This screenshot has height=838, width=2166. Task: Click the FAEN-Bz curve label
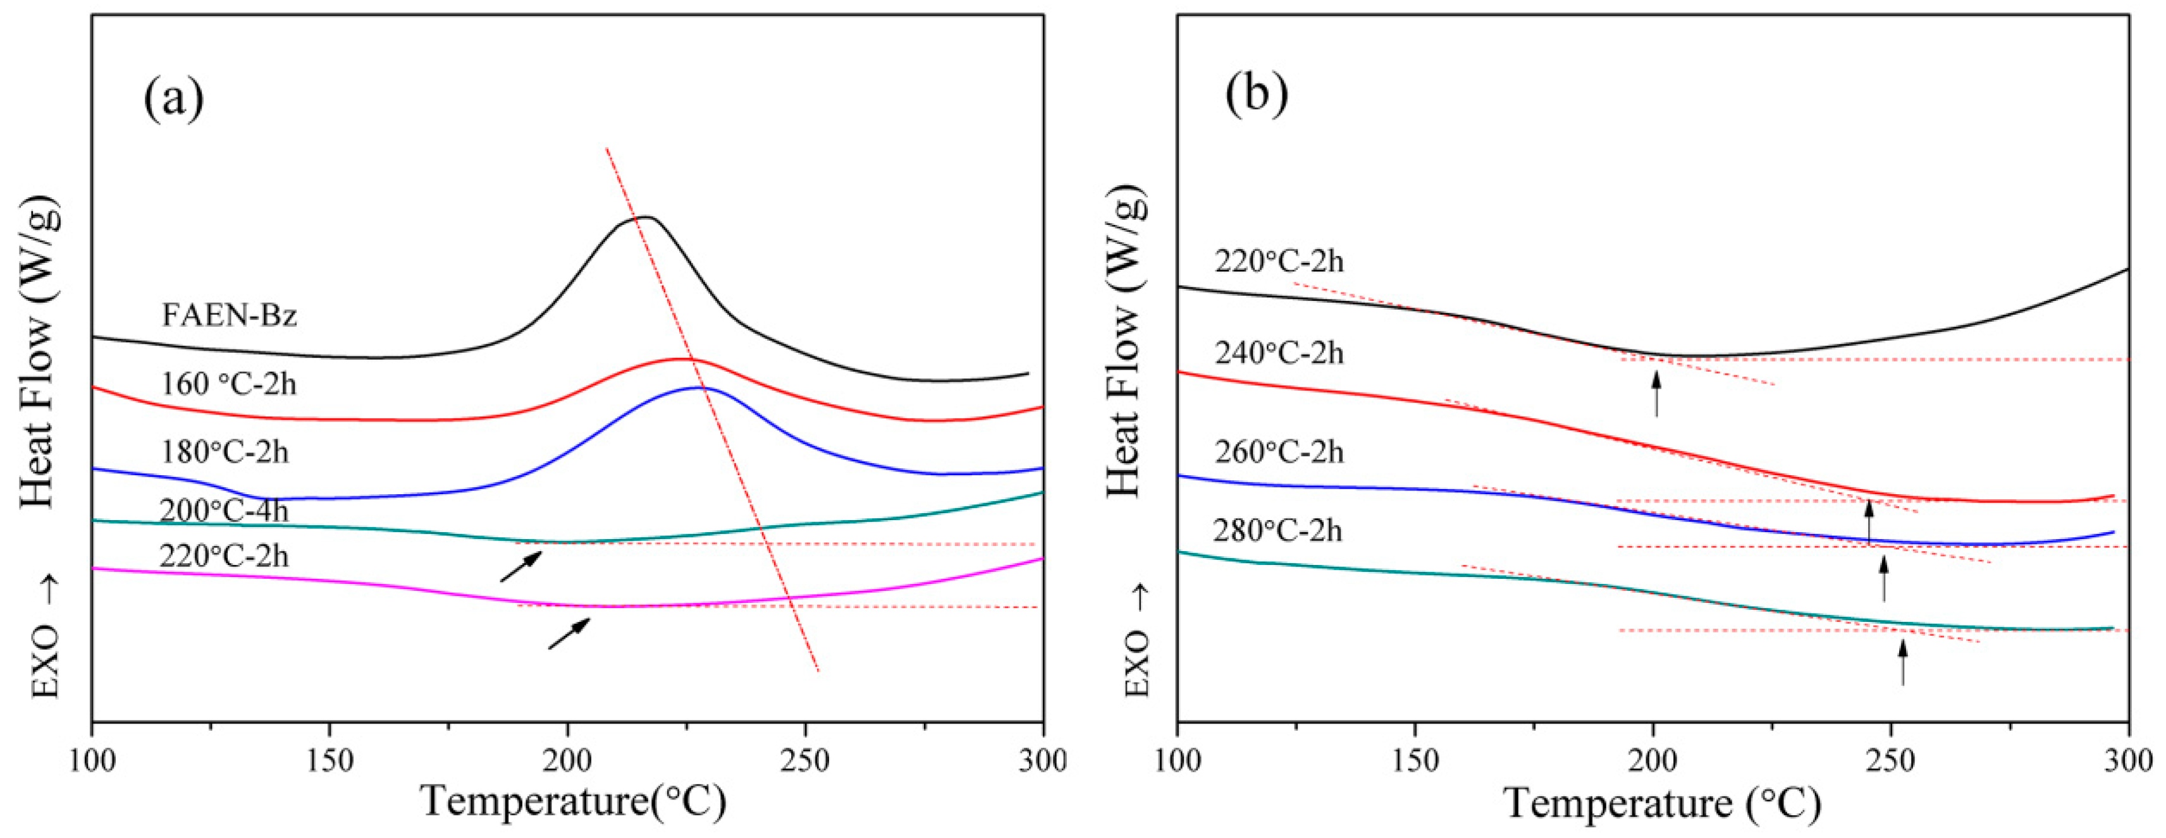(x=229, y=315)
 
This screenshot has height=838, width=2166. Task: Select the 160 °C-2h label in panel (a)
(x=229, y=384)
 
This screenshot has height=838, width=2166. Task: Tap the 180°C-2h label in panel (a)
(x=225, y=452)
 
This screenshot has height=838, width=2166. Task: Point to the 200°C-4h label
(x=224, y=510)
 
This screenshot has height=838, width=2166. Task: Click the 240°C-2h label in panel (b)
(x=1279, y=353)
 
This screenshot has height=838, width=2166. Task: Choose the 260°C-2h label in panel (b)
(x=1279, y=452)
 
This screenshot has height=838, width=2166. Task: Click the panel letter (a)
(x=174, y=99)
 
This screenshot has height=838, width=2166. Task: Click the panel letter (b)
(x=1256, y=94)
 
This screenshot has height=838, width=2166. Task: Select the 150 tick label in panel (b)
(x=1415, y=762)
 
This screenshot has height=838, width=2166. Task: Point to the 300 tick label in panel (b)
(x=2127, y=762)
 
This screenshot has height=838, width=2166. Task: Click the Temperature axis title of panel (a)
(x=574, y=801)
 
